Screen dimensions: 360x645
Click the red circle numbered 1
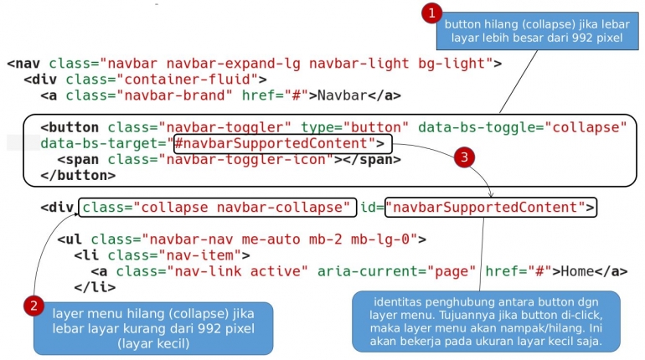[x=431, y=13]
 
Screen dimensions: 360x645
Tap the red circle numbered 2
[x=34, y=306]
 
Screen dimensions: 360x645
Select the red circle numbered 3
[x=467, y=157]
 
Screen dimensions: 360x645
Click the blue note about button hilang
[x=535, y=31]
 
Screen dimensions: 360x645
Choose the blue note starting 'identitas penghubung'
[x=486, y=321]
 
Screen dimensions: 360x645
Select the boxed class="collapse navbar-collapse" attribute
[x=215, y=207]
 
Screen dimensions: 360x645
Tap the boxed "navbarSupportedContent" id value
[x=491, y=207]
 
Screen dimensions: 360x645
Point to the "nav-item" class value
[x=200, y=255]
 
